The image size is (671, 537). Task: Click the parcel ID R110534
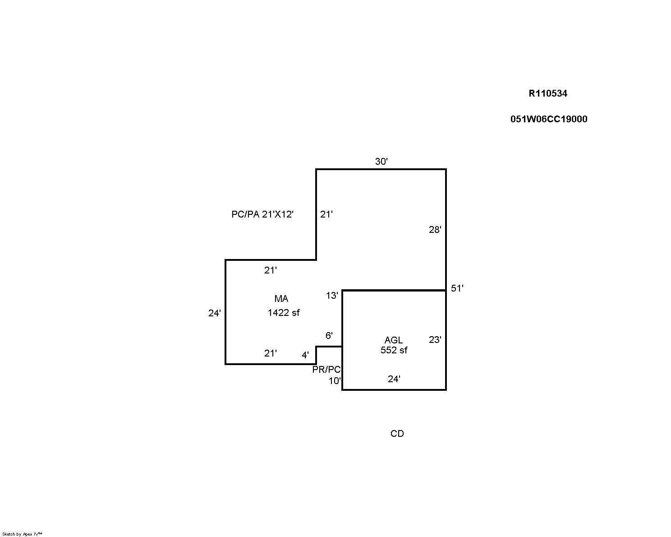pyautogui.click(x=547, y=93)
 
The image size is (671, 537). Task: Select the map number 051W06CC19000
pyautogui.click(x=548, y=119)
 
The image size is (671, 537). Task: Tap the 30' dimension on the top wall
pyautogui.click(x=381, y=161)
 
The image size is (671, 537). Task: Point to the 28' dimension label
pyautogui.click(x=435, y=230)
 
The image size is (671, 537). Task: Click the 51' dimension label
pyautogui.click(x=457, y=288)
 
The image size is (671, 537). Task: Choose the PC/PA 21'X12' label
pyautogui.click(x=262, y=214)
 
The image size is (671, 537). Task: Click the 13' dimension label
pyautogui.click(x=332, y=296)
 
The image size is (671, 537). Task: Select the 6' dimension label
pyautogui.click(x=329, y=335)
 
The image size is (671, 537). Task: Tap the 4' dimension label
pyautogui.click(x=305, y=355)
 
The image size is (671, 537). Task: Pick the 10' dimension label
pyautogui.click(x=335, y=381)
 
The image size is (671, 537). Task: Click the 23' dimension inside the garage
pyautogui.click(x=435, y=339)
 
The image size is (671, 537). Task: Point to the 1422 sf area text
pyautogui.click(x=284, y=313)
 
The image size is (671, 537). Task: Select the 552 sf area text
pyautogui.click(x=394, y=350)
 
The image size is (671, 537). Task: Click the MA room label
pyautogui.click(x=281, y=299)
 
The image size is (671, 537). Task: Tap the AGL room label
pyautogui.click(x=393, y=340)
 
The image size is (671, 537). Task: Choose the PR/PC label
pyautogui.click(x=326, y=370)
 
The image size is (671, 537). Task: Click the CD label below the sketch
pyautogui.click(x=397, y=433)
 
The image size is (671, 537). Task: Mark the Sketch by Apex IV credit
pyautogui.click(x=22, y=534)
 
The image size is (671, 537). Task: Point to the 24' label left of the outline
pyautogui.click(x=214, y=313)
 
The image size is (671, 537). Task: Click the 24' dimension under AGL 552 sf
pyautogui.click(x=394, y=379)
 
